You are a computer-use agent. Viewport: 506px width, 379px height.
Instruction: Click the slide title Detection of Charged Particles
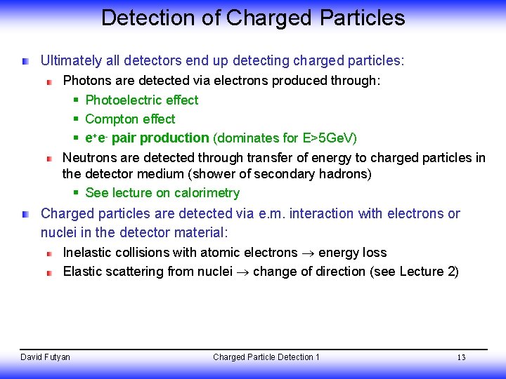(x=253, y=18)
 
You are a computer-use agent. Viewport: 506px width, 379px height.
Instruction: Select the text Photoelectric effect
(x=141, y=100)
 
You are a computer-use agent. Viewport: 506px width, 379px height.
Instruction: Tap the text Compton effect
(x=130, y=119)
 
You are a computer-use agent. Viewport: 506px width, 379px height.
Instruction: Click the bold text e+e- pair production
(x=147, y=138)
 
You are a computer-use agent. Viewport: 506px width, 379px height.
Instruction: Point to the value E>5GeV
(x=326, y=138)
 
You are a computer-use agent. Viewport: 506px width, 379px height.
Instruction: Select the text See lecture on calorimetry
(x=162, y=193)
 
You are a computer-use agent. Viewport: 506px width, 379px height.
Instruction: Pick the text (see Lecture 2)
(x=414, y=272)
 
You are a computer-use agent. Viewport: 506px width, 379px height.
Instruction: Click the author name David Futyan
(x=45, y=357)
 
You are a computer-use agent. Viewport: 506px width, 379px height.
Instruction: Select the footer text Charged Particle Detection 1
(x=266, y=357)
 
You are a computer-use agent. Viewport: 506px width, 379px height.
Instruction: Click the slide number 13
(x=461, y=358)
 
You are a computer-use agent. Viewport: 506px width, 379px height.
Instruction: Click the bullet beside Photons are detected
(x=50, y=81)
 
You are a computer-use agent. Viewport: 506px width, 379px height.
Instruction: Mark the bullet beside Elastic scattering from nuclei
(x=50, y=272)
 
